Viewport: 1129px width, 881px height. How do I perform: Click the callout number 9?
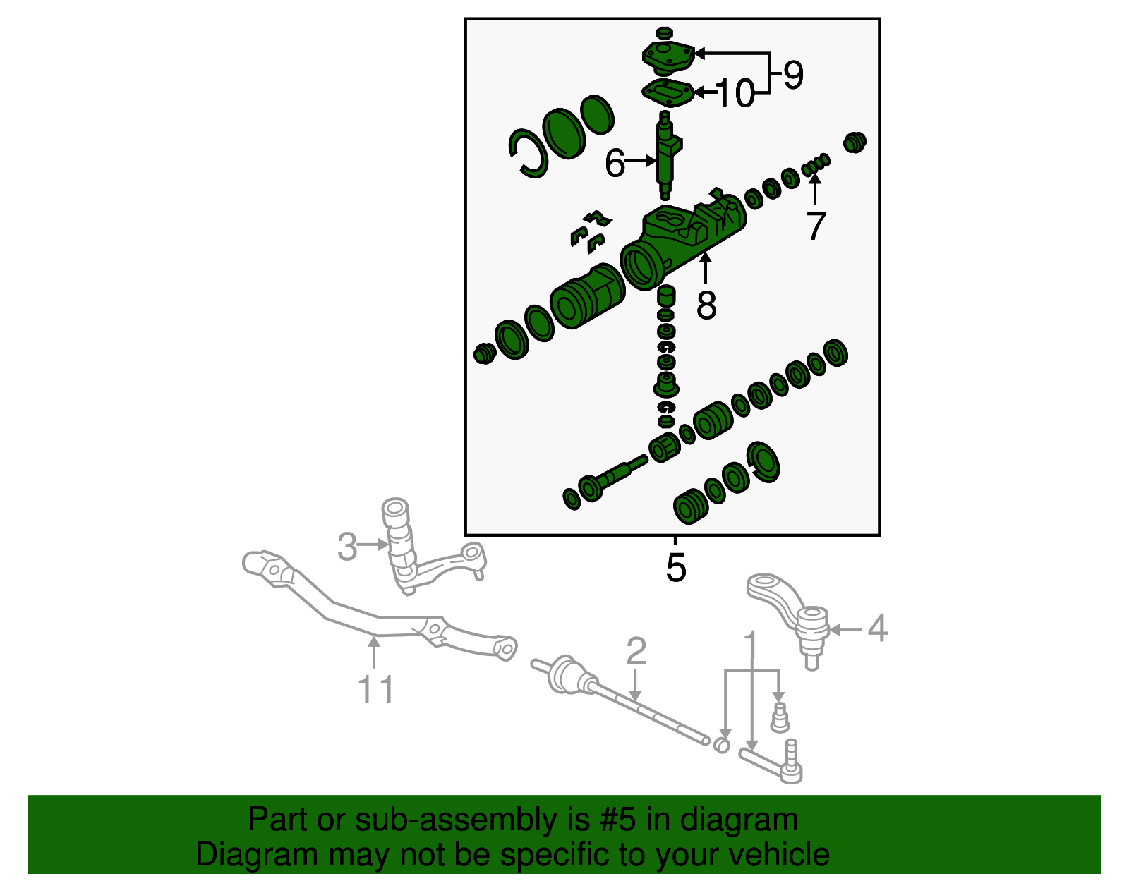coord(793,75)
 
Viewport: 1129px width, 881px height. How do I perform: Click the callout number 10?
coord(735,94)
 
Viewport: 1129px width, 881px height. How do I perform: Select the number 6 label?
coord(615,164)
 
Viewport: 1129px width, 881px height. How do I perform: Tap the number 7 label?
coord(816,226)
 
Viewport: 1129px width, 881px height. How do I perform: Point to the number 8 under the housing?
coord(706,305)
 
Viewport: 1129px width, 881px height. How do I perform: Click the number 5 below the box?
coord(675,568)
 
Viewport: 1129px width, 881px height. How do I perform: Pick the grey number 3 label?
coord(346,547)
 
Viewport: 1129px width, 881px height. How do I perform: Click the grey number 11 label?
coord(375,689)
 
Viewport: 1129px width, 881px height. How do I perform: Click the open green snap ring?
coord(528,153)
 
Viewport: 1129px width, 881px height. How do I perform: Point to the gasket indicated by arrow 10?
coord(666,92)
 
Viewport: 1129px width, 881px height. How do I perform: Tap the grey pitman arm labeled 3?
coord(423,557)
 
